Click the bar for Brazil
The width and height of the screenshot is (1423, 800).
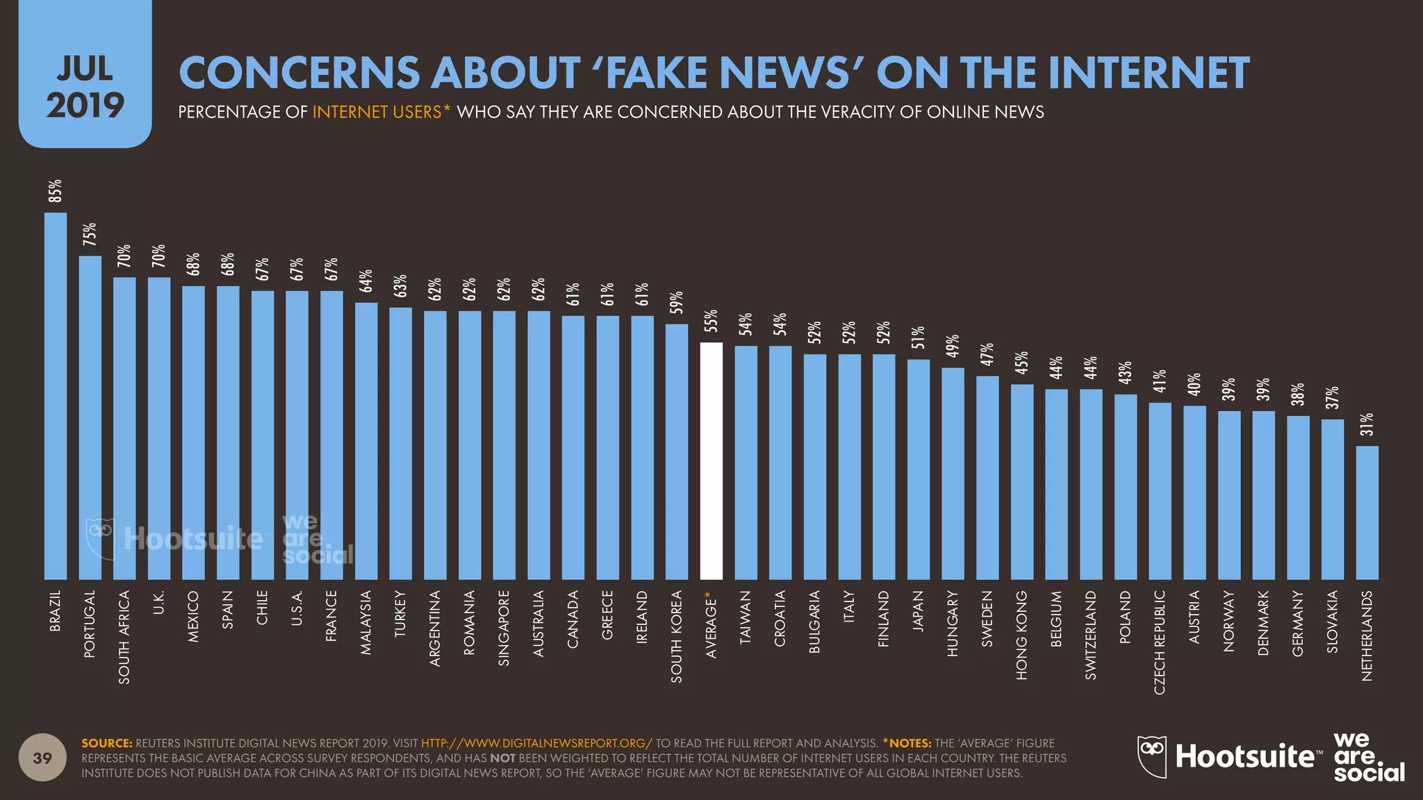point(56,396)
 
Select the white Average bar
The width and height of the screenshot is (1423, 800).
point(711,461)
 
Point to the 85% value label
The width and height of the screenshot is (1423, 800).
point(55,191)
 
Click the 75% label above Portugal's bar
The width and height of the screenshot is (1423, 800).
point(90,235)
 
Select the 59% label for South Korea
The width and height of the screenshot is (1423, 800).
point(677,303)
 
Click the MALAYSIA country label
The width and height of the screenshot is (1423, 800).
point(366,622)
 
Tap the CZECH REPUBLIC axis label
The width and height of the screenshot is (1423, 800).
point(1160,642)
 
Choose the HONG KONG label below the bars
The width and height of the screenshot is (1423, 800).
point(1021,635)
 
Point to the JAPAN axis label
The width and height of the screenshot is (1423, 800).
point(918,610)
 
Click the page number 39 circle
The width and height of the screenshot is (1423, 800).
point(42,758)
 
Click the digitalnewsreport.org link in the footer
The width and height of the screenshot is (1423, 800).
point(536,743)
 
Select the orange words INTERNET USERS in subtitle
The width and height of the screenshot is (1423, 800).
point(377,112)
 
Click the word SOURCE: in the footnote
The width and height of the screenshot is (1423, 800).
point(107,743)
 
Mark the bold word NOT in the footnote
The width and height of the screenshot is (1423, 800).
point(502,758)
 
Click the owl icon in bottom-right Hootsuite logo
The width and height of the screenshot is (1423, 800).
point(1151,756)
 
